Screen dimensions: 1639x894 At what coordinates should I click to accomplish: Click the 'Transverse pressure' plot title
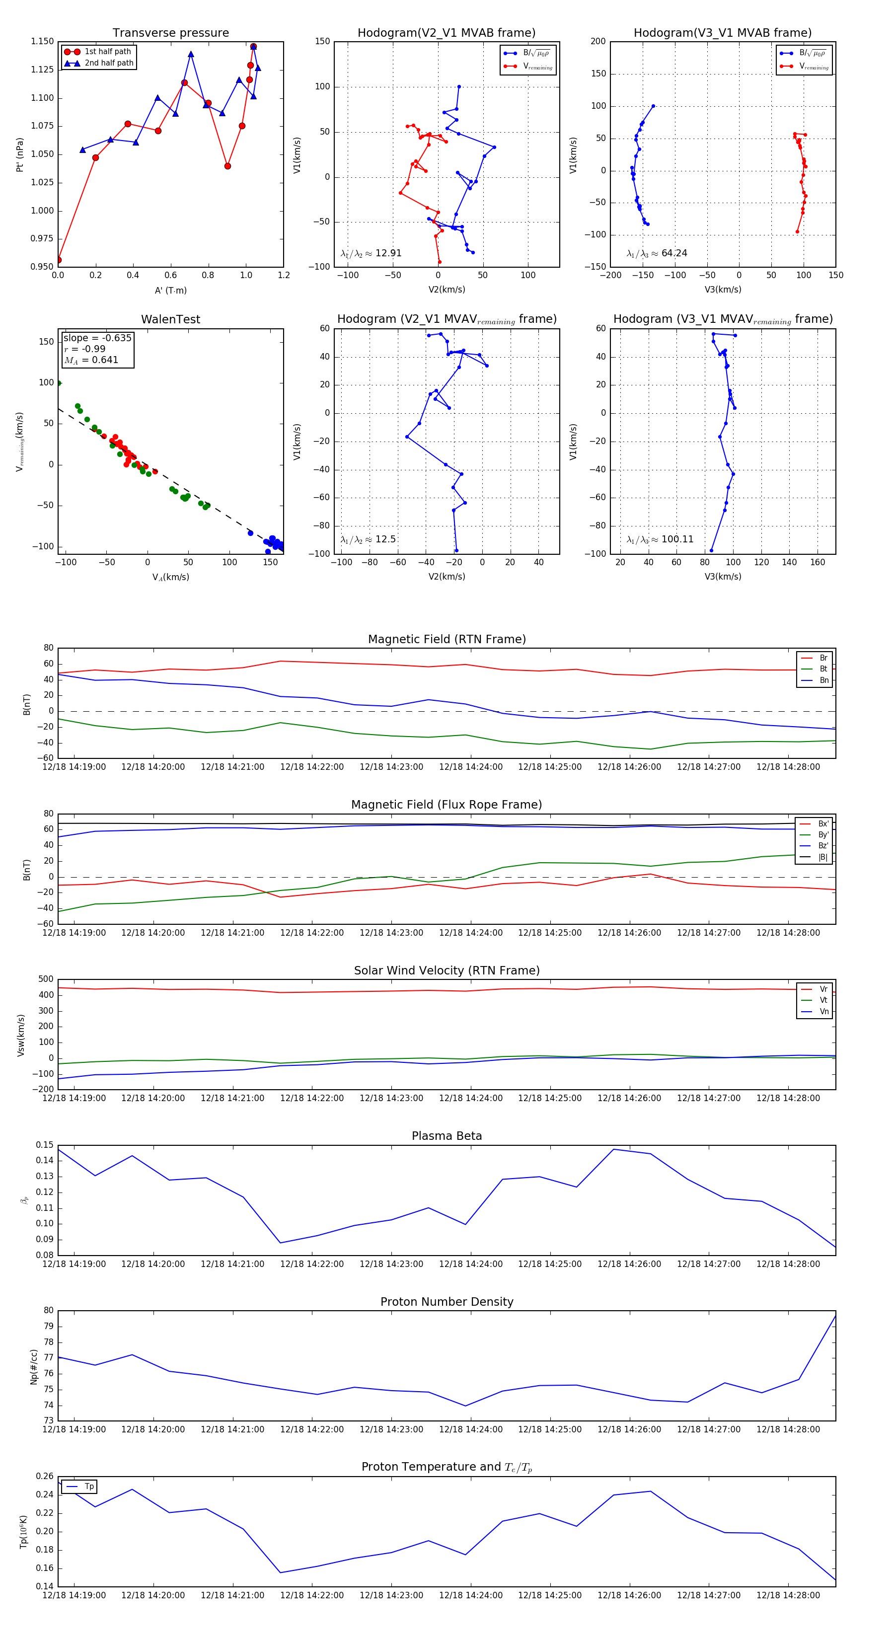coord(170,33)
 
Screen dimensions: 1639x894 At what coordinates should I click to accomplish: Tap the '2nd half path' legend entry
coord(109,63)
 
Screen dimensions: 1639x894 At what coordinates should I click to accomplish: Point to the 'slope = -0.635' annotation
coord(97,338)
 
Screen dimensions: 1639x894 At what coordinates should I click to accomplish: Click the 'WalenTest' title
coord(170,319)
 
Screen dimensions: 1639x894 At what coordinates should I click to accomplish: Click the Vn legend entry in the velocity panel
coord(823,1012)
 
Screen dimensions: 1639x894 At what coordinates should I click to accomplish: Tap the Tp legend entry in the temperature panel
coord(89,1487)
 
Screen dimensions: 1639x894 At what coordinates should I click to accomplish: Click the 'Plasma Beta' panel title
coord(447,1136)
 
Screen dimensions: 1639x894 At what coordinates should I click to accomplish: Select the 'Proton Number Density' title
coord(447,1302)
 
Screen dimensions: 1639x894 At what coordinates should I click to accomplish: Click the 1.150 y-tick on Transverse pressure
coord(43,41)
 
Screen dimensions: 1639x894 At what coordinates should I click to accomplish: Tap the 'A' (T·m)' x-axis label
coord(170,290)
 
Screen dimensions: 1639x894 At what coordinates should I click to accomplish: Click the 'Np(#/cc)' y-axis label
coord(34,1367)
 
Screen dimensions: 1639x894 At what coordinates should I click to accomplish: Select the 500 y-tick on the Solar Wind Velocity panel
coord(46,979)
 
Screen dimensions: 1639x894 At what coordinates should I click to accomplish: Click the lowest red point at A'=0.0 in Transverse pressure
coord(59,260)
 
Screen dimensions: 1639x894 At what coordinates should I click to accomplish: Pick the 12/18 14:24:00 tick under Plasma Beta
coord(471,1264)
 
